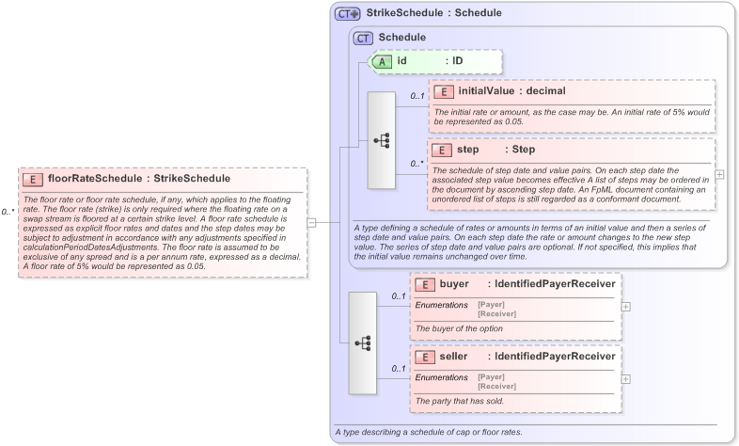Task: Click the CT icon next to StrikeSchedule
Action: [x=348, y=14]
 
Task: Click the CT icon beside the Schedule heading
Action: [x=363, y=38]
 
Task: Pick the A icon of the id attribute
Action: [x=383, y=61]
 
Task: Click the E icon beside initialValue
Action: [x=443, y=91]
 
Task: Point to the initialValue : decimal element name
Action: [x=512, y=91]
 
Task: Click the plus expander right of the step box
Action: [x=719, y=174]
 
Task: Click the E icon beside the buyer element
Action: [x=425, y=284]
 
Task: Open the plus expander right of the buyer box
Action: [x=626, y=306]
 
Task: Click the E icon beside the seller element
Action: [x=425, y=357]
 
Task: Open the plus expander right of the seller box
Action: [x=626, y=378]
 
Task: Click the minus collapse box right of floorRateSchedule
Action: [x=312, y=222]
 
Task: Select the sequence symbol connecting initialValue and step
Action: [x=382, y=140]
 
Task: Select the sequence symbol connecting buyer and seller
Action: [x=363, y=342]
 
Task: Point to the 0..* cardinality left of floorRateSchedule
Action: [x=8, y=212]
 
